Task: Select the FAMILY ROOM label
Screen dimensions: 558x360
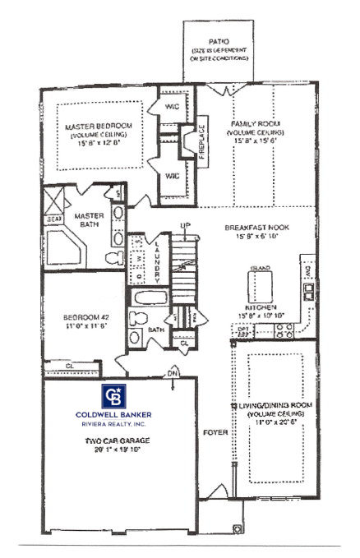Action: tap(258, 124)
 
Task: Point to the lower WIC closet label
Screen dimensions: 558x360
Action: tap(173, 175)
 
